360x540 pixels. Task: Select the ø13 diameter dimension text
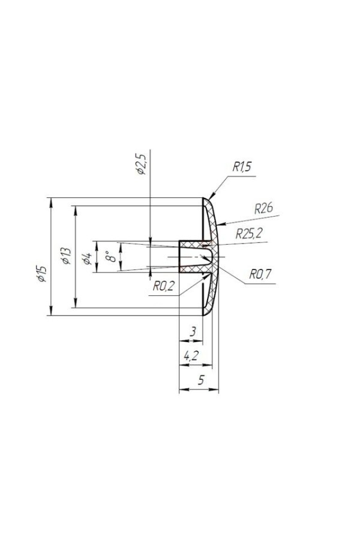(x=66, y=256)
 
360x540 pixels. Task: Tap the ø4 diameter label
(x=87, y=258)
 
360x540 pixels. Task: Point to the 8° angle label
(x=110, y=257)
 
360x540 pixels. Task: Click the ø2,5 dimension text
(x=142, y=164)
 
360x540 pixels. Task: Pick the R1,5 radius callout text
(x=242, y=167)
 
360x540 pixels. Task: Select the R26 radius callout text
(x=263, y=208)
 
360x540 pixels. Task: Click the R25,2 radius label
(x=249, y=233)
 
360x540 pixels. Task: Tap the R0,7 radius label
(x=260, y=274)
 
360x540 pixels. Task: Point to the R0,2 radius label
(x=164, y=286)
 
